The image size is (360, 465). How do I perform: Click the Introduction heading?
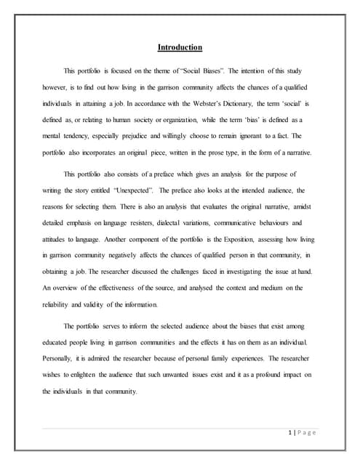coord(180,48)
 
